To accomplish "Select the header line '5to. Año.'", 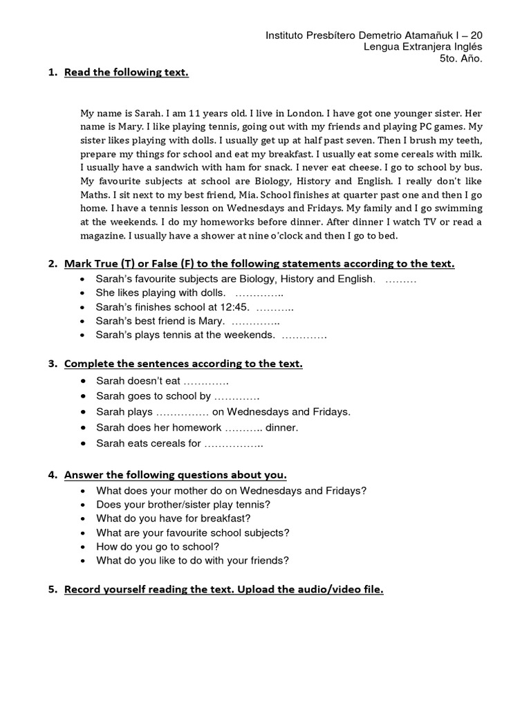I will coord(460,58).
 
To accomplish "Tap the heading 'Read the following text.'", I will coord(126,73).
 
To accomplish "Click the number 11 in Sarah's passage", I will coord(197,112).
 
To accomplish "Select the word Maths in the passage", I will coord(95,195).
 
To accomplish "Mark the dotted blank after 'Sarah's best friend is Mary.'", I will coord(256,321).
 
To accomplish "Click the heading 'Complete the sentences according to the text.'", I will coord(183,364).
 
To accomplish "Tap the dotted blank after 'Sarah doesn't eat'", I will coord(206,381).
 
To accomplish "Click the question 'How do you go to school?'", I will coord(158,546).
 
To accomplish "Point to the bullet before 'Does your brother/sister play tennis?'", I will coord(82,505).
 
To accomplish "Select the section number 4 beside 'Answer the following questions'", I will coord(52,474).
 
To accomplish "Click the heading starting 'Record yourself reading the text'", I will coord(223,590).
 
